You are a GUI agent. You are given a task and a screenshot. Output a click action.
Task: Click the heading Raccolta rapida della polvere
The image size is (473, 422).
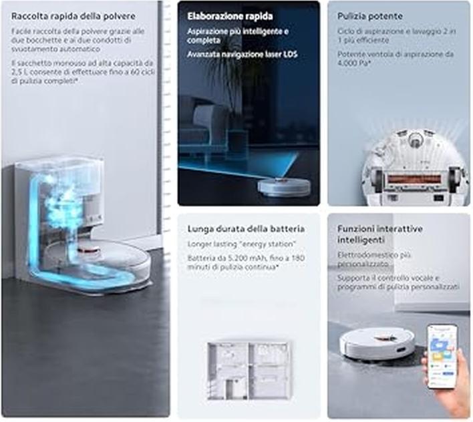click(73, 16)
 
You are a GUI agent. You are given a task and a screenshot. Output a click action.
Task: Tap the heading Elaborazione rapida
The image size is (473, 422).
click(230, 16)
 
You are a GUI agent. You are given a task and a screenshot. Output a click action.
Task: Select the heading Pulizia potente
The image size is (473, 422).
click(370, 16)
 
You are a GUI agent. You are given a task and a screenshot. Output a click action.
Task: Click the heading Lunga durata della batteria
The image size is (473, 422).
click(246, 229)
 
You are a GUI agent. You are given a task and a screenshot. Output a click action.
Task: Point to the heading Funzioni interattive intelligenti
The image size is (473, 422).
click(379, 234)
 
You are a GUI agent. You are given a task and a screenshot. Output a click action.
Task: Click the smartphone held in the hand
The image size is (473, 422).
click(442, 357)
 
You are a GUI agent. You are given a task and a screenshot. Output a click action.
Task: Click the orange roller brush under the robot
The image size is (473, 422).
click(414, 179)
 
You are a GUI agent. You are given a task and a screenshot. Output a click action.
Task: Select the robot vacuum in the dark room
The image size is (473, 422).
click(284, 186)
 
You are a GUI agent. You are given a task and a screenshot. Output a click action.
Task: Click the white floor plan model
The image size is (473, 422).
click(249, 370)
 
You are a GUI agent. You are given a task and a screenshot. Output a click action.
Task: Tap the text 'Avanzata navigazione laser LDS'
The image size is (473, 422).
click(243, 55)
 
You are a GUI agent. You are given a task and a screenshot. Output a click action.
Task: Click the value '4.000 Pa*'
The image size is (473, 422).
click(354, 63)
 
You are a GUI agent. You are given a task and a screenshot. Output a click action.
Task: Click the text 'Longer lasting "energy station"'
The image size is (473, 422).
click(242, 244)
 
